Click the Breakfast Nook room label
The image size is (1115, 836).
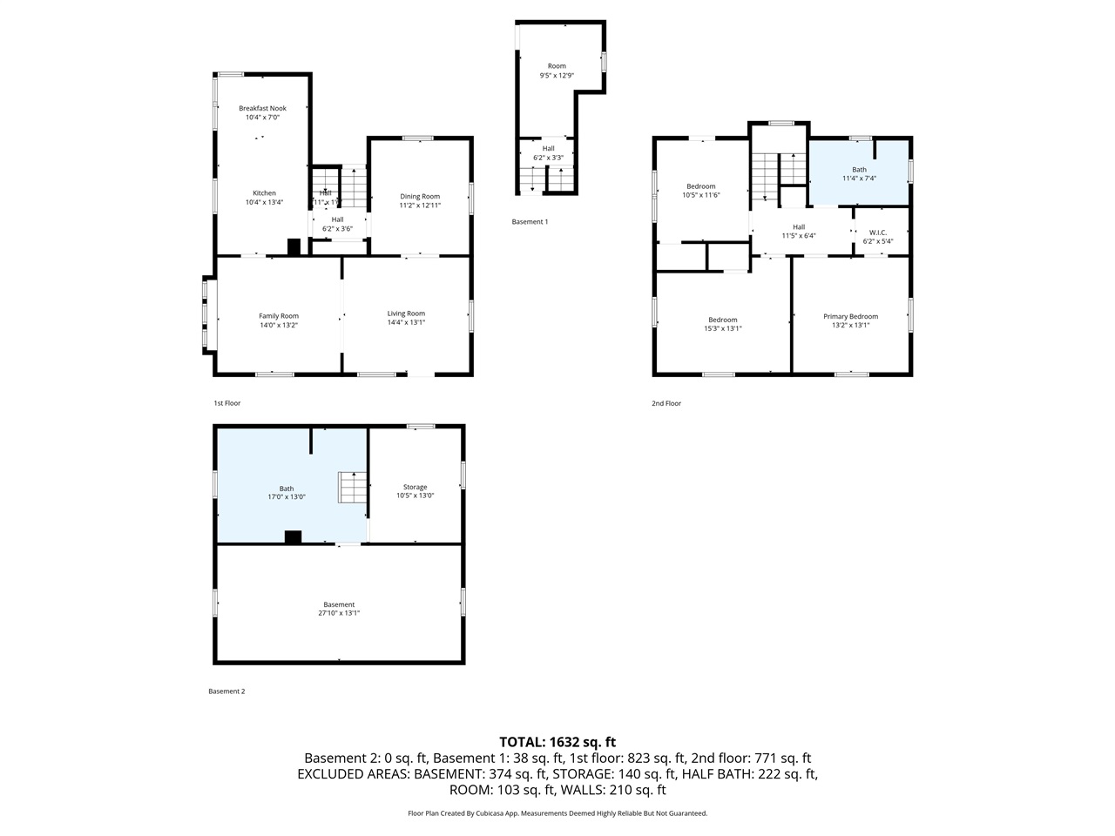(262, 109)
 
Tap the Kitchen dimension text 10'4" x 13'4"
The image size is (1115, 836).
(264, 203)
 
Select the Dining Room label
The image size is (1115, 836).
(420, 197)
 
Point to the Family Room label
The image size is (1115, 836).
(279, 316)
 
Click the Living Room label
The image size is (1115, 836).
(406, 313)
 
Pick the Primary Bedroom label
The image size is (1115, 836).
(850, 317)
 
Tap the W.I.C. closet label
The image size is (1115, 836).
(877, 233)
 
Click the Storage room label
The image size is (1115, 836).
(415, 487)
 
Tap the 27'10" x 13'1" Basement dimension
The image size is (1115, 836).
(339, 613)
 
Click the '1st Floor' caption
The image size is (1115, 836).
(226, 403)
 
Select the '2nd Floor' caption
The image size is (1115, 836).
(666, 403)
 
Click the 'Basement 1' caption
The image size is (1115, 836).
(530, 222)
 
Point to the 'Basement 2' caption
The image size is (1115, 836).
(226, 691)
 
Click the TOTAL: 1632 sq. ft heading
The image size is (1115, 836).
(557, 742)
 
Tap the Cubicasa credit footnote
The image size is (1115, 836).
(557, 813)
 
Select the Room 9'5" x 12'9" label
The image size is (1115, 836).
(557, 71)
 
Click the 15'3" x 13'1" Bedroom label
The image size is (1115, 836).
(722, 324)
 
